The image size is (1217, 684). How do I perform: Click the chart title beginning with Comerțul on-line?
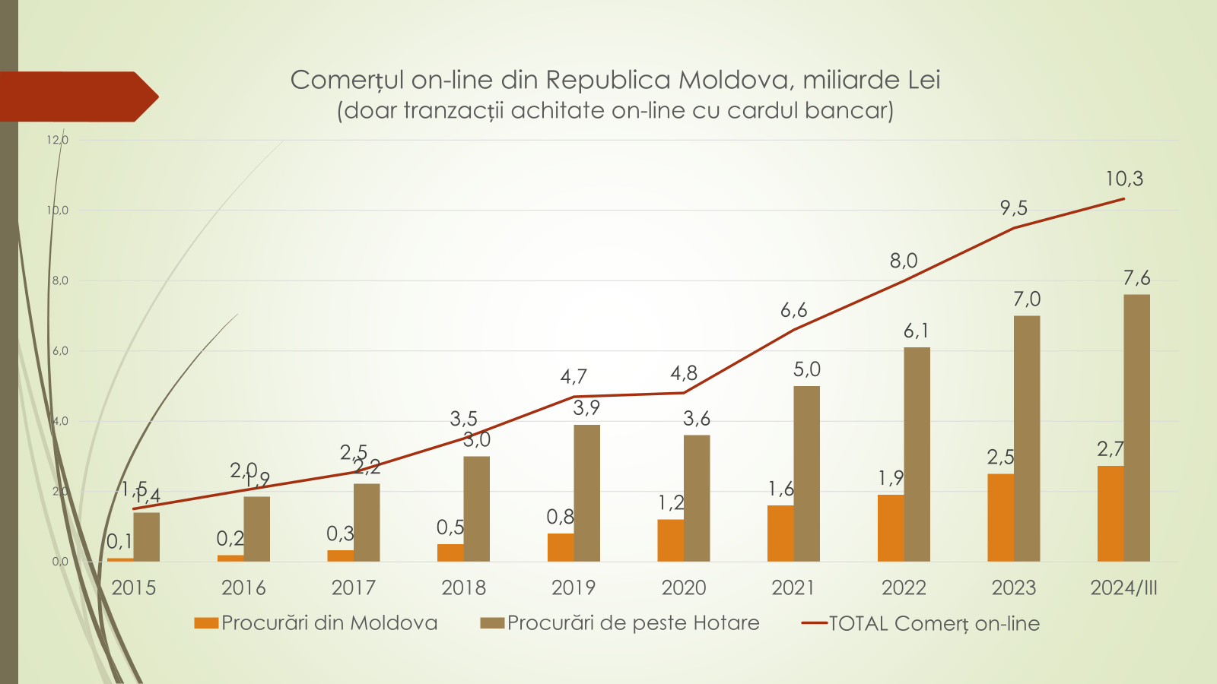[x=615, y=80]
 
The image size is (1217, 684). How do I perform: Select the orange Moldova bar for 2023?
[x=1000, y=518]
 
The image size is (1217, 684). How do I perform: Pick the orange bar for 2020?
[x=670, y=540]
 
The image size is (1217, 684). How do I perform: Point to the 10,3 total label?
[x=1123, y=179]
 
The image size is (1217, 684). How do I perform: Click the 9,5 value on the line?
[x=1013, y=208]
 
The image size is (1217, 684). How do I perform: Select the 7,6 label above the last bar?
[x=1136, y=278]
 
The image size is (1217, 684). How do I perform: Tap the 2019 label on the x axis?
[x=574, y=587]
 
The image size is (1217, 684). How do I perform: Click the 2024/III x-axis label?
[x=1123, y=587]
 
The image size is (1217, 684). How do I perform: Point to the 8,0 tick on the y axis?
[x=60, y=280]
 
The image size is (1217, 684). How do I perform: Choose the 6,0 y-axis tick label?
[x=60, y=351]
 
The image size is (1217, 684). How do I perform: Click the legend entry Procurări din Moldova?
[x=316, y=623]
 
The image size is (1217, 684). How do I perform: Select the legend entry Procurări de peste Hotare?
[x=620, y=623]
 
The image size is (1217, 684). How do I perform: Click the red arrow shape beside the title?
[x=76, y=97]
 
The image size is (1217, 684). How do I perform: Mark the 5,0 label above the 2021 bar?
[x=806, y=370]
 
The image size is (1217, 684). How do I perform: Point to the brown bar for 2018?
[x=477, y=508]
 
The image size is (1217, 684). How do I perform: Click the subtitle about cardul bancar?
[x=615, y=111]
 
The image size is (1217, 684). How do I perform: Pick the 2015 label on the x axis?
[x=134, y=587]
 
